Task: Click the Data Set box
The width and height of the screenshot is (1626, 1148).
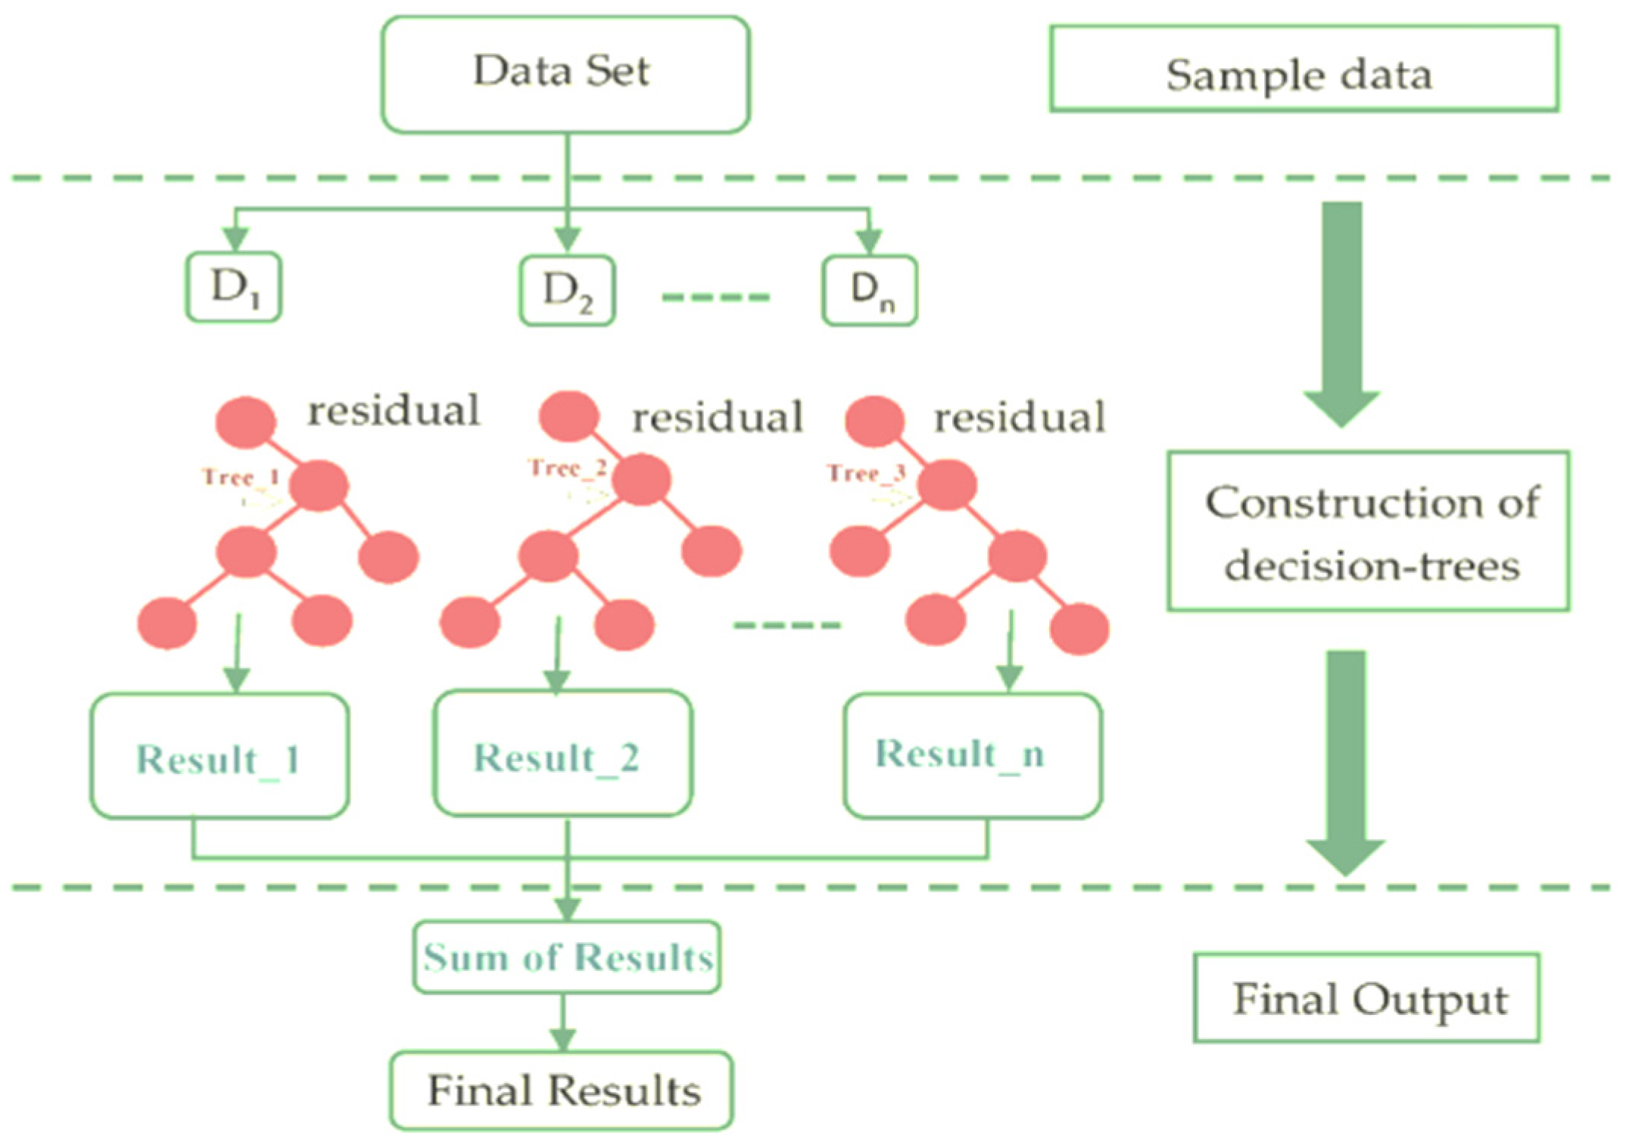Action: click(565, 74)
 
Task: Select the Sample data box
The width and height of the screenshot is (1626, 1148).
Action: click(1304, 69)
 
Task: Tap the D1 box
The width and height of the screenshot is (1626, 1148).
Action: click(234, 287)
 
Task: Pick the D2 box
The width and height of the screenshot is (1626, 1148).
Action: click(567, 291)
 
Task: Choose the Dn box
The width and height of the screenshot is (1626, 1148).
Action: click(870, 291)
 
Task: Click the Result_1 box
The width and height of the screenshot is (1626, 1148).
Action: click(220, 755)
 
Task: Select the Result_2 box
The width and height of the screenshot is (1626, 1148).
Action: click(562, 753)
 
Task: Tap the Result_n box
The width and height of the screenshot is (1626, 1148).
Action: click(973, 755)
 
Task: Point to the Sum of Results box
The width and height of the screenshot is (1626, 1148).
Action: click(567, 957)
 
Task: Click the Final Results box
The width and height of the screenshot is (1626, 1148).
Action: click(562, 1090)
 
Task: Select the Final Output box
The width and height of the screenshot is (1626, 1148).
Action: click(1367, 997)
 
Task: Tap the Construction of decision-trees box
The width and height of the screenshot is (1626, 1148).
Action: click(1368, 530)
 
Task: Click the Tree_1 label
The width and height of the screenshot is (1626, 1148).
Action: click(241, 477)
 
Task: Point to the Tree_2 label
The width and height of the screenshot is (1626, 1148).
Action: click(568, 468)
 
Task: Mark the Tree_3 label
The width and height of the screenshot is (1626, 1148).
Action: click(866, 473)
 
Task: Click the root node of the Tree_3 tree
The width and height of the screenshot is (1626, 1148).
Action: click(875, 421)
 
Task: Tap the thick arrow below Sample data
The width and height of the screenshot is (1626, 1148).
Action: click(1341, 315)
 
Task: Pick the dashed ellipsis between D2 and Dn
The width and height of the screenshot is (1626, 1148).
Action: click(716, 297)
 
